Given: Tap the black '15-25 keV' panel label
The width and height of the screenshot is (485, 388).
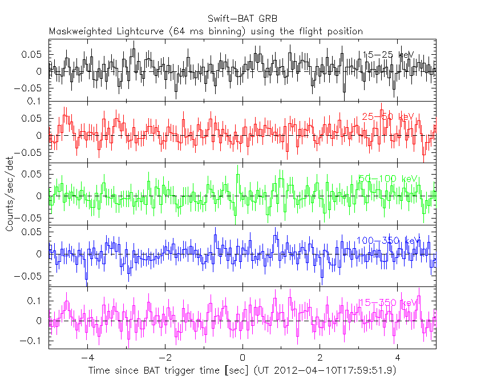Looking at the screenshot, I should click(387, 55).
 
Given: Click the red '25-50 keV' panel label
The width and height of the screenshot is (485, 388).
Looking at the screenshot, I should click(387, 117).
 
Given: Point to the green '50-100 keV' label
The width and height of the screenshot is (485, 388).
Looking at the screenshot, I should click(387, 179).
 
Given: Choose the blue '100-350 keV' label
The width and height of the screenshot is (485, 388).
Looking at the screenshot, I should click(387, 240).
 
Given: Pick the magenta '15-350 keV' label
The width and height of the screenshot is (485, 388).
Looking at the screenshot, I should click(387, 302).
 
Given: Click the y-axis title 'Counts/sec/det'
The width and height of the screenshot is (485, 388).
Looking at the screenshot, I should click(10, 196).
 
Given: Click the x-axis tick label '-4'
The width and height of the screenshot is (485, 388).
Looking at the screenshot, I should click(86, 358).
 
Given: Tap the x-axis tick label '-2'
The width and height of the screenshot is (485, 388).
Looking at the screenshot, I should click(164, 358).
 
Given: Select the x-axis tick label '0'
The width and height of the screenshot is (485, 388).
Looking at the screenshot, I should click(242, 358).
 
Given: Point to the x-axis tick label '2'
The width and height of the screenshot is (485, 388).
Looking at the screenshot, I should click(320, 358).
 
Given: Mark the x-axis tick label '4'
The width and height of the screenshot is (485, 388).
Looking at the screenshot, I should click(398, 358).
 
